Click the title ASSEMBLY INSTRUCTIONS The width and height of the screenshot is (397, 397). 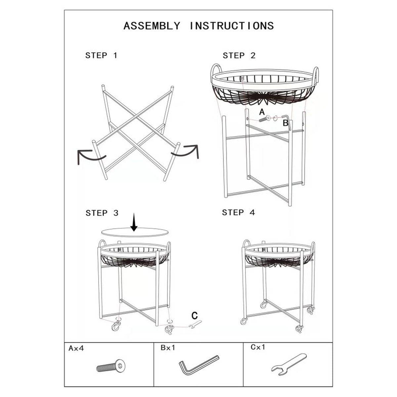tap(198, 26)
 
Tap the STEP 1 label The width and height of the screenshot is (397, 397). tap(101, 56)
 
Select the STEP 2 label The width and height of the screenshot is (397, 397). tap(239, 56)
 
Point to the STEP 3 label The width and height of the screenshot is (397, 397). tap(102, 213)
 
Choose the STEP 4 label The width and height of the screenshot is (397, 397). tap(239, 212)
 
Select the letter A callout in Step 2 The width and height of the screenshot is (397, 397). tap(262, 112)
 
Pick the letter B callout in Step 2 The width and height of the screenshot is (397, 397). tap(285, 123)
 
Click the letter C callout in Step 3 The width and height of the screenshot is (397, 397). tap(195, 315)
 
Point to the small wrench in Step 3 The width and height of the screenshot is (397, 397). tap(195, 324)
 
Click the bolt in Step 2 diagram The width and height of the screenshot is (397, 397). tap(265, 119)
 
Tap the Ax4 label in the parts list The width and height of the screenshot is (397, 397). tap(76, 348)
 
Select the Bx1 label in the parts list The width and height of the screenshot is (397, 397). tap(168, 348)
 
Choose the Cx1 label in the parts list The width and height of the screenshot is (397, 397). tap(258, 347)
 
